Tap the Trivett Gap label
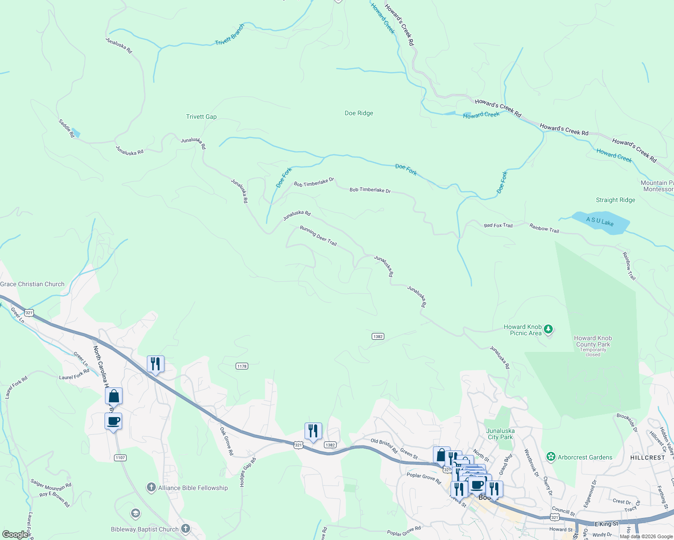click(201, 117)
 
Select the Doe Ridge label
click(359, 113)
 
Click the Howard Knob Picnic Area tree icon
click(548, 329)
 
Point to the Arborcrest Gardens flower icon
click(551, 457)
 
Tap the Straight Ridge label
click(615, 200)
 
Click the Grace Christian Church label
click(32, 284)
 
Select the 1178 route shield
click(242, 366)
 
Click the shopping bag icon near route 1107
click(114, 396)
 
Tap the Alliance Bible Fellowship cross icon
click(151, 487)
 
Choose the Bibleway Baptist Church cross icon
click(185, 529)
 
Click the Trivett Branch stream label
click(230, 35)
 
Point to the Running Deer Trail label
click(319, 236)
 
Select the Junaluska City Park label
click(500, 434)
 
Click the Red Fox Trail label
click(498, 225)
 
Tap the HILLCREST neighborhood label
click(647, 458)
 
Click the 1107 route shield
click(120, 458)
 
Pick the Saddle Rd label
click(66, 128)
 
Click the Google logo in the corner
click(15, 535)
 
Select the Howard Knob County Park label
click(593, 341)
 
